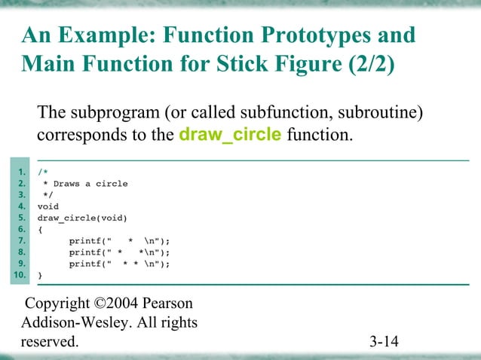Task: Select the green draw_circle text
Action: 231,136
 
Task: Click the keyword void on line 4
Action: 48,206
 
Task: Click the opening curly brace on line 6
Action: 41,230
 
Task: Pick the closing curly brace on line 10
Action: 41,276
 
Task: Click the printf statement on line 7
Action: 119,241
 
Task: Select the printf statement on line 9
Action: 119,264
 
